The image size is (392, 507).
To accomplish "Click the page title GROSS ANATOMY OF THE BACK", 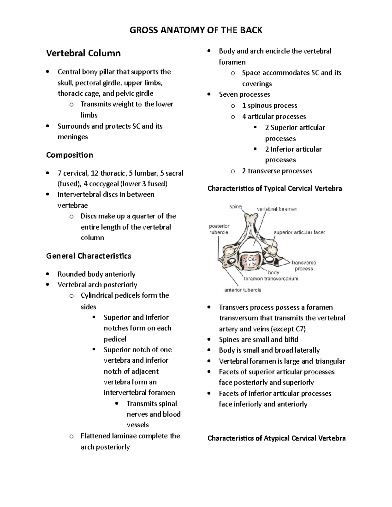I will [x=196, y=30].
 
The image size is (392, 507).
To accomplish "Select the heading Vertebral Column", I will [x=83, y=53].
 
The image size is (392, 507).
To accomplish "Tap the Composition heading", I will [x=70, y=155].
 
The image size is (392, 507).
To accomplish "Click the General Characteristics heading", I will [x=89, y=256].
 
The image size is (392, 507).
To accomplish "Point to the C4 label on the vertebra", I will [x=251, y=259].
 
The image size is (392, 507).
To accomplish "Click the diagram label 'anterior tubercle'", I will [x=242, y=290].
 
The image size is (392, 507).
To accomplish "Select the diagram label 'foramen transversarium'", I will [x=271, y=279].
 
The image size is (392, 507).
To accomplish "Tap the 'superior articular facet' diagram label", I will [x=299, y=232].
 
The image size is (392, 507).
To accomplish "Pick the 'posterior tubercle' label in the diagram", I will [x=219, y=229].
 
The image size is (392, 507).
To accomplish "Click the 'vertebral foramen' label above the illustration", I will [x=277, y=209].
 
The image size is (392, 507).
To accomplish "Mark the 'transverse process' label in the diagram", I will [x=304, y=265].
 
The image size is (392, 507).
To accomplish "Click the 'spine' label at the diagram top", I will [x=235, y=207].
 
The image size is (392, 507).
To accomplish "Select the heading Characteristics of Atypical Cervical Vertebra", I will [x=276, y=438].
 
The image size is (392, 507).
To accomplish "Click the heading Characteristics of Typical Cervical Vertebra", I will [x=274, y=188].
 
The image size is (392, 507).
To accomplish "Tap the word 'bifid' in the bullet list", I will [x=291, y=340].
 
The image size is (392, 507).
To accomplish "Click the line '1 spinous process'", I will [x=269, y=105].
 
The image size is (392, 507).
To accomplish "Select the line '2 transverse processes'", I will [x=277, y=171].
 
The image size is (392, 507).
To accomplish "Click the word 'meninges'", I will [x=73, y=137].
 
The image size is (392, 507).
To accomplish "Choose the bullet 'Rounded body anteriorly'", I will [x=96, y=274].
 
